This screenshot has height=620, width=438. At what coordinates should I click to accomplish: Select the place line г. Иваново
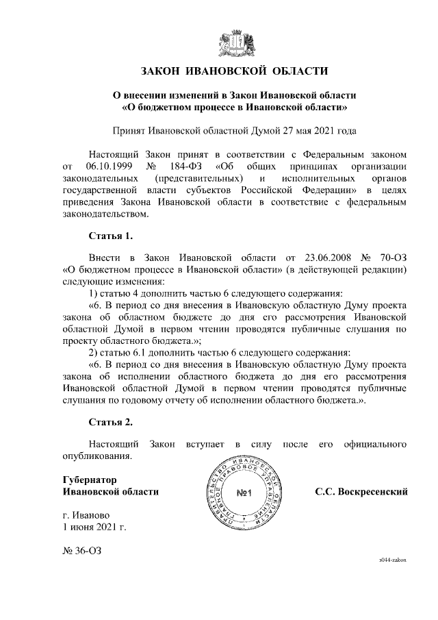86,515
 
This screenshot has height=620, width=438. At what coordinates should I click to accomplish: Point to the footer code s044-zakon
393,560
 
